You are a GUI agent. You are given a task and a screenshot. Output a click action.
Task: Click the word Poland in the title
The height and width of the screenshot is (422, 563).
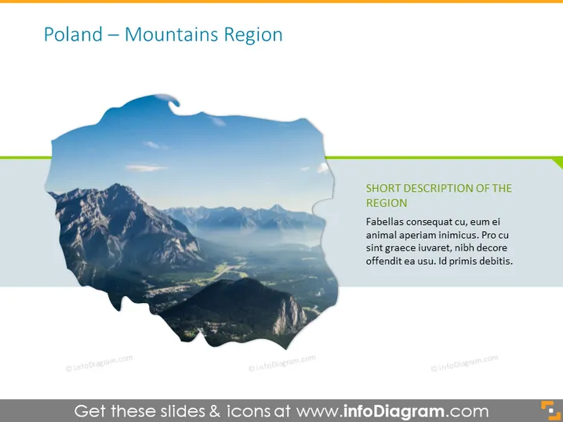[x=73, y=34]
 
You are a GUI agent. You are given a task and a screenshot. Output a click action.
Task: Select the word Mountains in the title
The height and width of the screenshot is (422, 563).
[x=171, y=34]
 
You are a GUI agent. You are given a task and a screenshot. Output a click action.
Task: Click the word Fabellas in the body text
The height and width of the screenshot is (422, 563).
[x=384, y=222]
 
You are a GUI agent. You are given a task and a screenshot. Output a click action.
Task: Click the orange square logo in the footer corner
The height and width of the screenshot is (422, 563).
[x=550, y=409]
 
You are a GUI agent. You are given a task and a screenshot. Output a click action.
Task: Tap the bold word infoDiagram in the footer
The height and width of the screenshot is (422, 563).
[x=394, y=411]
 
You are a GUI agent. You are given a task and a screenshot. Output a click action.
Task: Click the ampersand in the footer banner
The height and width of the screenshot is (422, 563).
[x=214, y=411]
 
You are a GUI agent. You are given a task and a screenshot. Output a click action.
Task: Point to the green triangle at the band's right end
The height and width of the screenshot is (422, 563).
[x=557, y=163]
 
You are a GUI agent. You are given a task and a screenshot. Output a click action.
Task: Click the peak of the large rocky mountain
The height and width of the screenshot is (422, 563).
[x=116, y=185]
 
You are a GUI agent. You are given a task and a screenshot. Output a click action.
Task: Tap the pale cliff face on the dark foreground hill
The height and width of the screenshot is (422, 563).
[x=289, y=316]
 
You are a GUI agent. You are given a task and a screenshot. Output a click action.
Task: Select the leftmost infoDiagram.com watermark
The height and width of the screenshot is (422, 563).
[x=99, y=362]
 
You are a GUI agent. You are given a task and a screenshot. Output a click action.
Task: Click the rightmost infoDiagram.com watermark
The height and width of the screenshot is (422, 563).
[x=464, y=362]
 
